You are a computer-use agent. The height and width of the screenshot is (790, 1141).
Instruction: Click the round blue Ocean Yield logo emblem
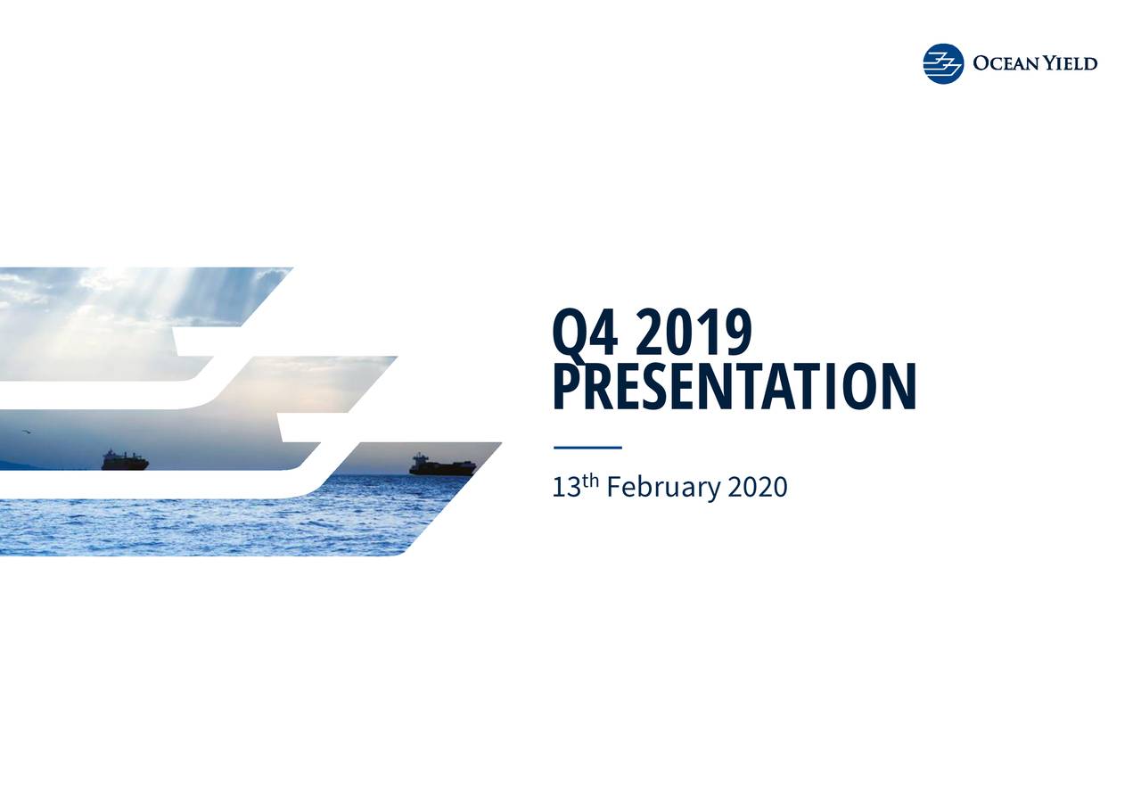[x=943, y=64]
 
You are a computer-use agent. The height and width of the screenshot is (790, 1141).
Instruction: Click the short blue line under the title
[x=587, y=448]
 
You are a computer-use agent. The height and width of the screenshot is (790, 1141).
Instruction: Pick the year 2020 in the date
[x=758, y=488]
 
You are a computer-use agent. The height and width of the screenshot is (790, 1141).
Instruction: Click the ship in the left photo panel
[x=124, y=460]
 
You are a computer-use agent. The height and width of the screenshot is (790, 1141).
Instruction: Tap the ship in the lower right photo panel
[x=442, y=465]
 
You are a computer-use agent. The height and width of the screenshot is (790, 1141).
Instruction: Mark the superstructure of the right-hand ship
[x=419, y=459]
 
